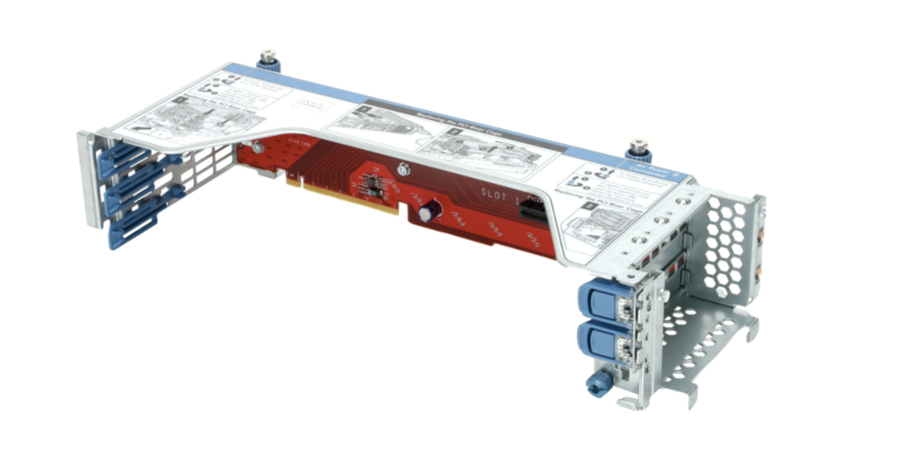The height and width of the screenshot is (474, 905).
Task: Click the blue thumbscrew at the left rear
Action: point(268,60)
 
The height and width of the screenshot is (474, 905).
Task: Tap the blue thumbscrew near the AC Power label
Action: point(638,151)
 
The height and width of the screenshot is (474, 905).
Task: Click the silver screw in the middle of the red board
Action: point(403,168)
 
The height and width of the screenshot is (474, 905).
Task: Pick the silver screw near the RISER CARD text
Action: point(257,148)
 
